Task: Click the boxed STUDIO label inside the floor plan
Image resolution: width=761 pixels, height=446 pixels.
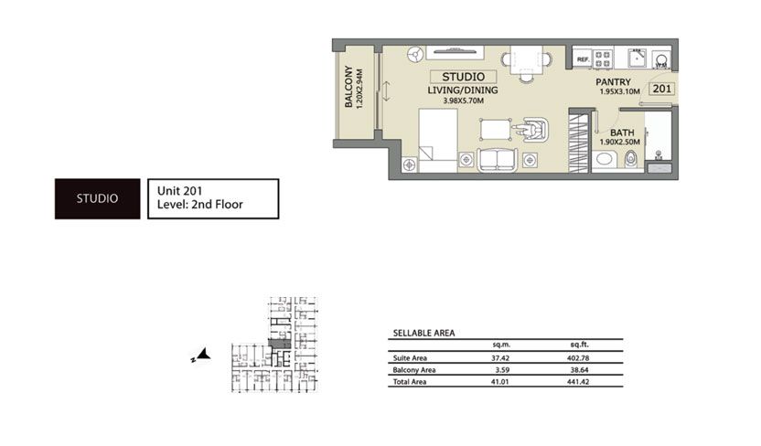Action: coord(462,78)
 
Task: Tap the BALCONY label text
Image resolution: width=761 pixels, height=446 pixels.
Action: coord(348,89)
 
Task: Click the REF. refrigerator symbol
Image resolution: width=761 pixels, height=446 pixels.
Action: coord(582,59)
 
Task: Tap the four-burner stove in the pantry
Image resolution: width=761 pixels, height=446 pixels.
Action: coord(603,59)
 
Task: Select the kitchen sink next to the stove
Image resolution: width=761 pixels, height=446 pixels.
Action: coord(635,59)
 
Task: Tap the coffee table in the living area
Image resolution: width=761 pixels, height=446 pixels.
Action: coord(495,129)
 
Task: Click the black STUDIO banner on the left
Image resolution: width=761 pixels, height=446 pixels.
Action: coord(97,198)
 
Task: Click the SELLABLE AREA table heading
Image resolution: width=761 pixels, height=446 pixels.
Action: coord(423,334)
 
